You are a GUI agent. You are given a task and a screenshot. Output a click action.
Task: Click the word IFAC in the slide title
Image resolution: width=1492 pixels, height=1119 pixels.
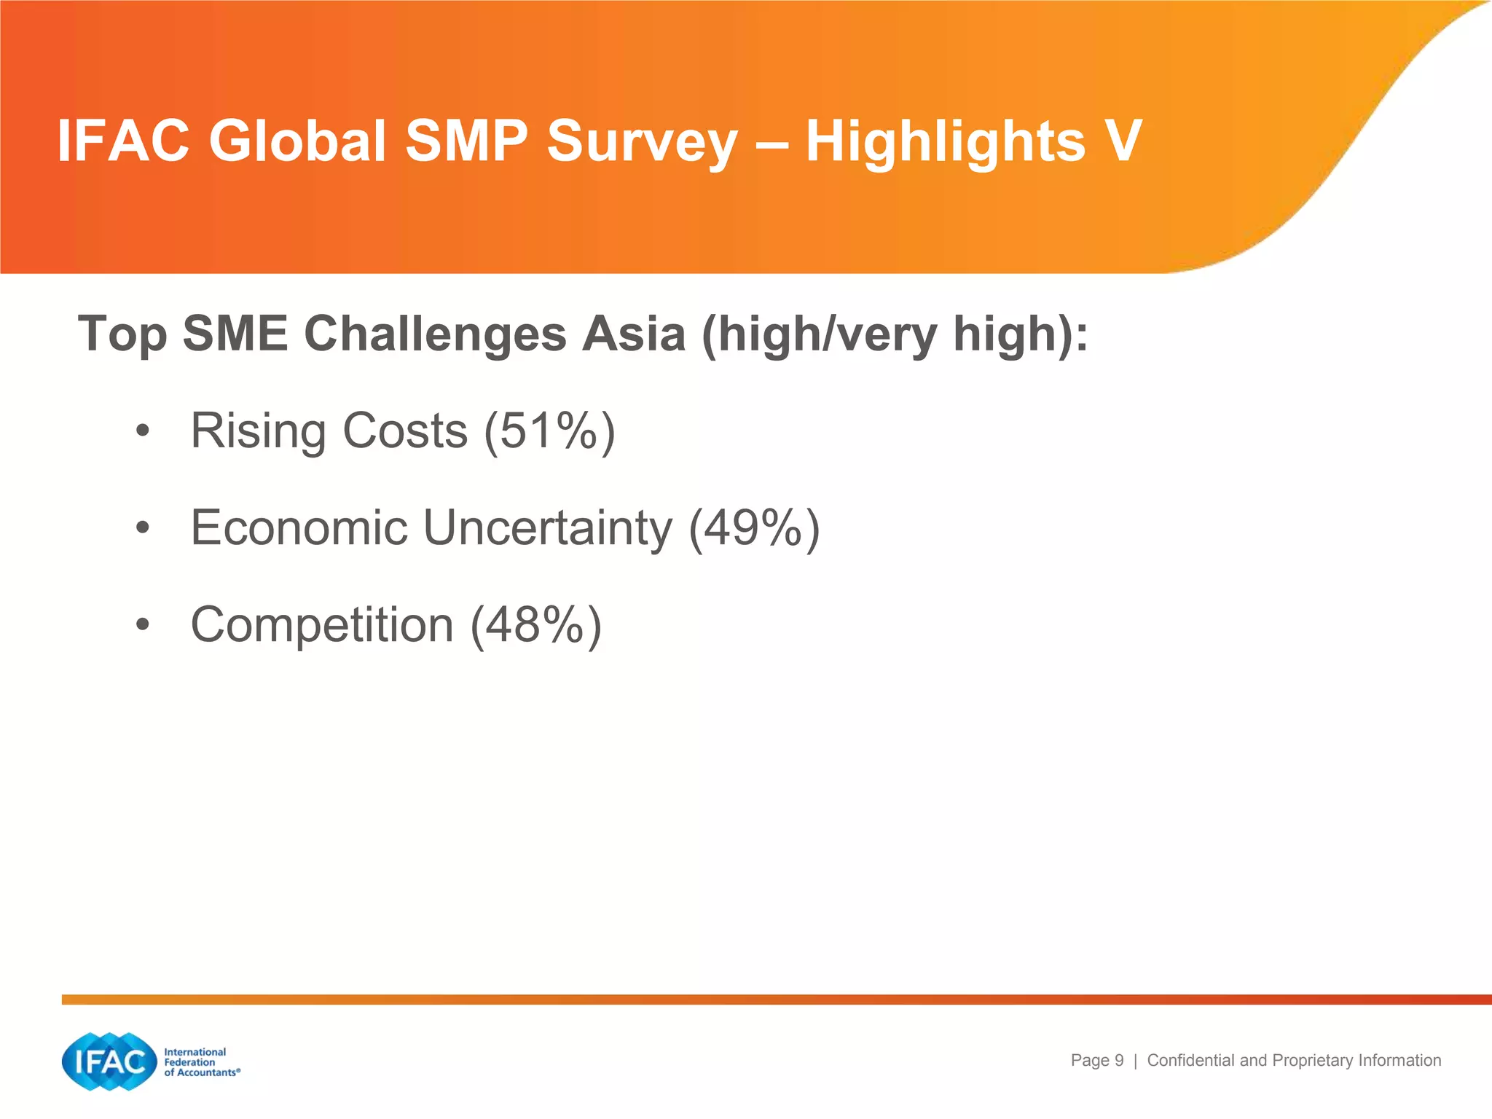click(123, 141)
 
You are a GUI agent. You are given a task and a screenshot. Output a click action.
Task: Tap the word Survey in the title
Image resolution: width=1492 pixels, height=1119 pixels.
click(642, 142)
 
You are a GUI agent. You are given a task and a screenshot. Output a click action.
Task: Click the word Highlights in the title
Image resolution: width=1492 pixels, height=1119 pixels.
click(945, 142)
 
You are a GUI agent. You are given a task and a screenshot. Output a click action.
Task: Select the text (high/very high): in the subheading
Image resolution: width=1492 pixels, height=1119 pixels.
click(895, 335)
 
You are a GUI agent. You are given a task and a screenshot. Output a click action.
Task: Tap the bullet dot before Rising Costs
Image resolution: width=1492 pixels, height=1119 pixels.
click(143, 431)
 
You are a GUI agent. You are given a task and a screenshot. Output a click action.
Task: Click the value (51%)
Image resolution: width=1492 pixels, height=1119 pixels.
click(550, 431)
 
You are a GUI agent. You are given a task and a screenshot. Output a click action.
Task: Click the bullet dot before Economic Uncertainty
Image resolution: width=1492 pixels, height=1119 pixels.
click(143, 528)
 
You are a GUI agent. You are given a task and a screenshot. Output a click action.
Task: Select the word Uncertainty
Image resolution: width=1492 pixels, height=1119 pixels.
click(547, 528)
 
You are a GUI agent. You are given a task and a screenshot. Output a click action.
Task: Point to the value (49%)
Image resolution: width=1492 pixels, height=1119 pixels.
click(754, 528)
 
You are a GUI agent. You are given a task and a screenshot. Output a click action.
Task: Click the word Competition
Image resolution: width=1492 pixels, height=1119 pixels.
click(322, 626)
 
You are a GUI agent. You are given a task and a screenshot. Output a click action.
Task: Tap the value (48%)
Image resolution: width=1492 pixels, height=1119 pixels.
click(536, 626)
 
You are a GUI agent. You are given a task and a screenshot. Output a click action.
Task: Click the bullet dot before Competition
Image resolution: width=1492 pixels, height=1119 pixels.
click(143, 625)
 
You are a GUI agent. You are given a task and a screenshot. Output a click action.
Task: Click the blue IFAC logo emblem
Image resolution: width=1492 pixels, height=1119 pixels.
click(109, 1061)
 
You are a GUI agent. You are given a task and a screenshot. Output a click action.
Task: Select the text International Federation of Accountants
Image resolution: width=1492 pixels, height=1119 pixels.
click(200, 1062)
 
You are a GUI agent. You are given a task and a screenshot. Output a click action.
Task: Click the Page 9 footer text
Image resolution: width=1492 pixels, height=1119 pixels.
click(1096, 1061)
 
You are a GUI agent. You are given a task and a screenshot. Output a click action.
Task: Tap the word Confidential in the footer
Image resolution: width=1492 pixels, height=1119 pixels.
click(1191, 1061)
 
